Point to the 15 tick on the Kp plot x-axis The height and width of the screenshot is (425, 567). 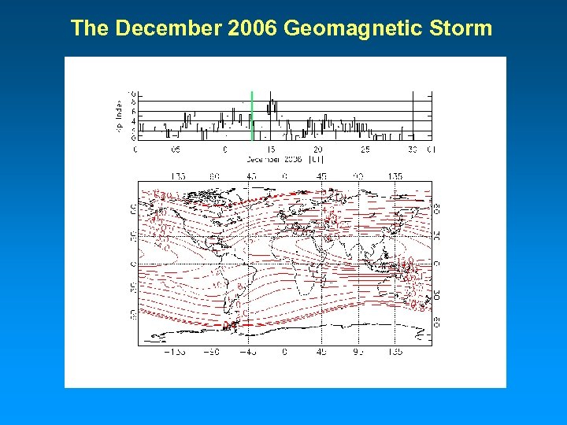[x=270, y=149]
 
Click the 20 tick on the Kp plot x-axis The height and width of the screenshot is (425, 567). [x=318, y=149]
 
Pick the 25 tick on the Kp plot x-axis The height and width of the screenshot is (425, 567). [x=365, y=149]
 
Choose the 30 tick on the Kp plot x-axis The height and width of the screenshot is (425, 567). [x=413, y=149]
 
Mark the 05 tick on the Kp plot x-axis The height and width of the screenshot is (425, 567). [x=175, y=149]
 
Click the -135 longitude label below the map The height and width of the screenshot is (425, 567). [x=175, y=352]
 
